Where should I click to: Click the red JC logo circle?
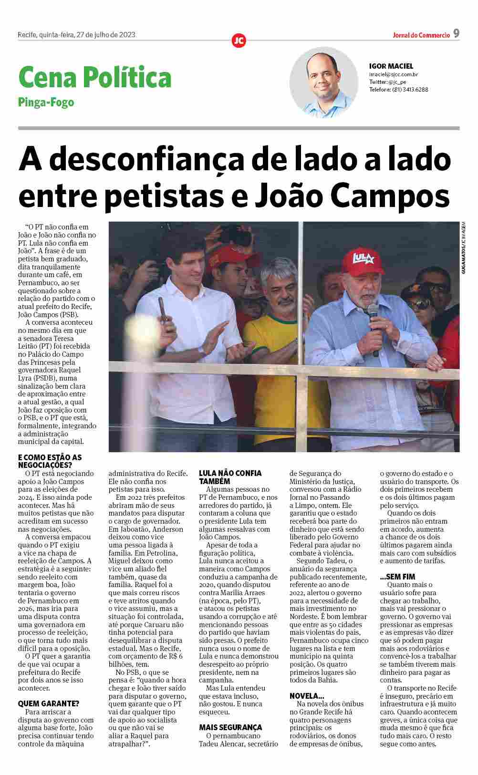(239, 41)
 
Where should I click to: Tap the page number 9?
(456, 33)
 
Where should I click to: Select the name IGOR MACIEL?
(391, 66)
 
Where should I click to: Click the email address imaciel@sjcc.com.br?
(394, 74)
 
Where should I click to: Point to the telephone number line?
(398, 89)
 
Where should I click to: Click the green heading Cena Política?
(95, 77)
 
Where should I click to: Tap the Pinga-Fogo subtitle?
(46, 102)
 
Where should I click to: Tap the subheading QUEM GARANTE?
(49, 703)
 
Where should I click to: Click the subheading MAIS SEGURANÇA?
(230, 727)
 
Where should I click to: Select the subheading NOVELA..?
(307, 696)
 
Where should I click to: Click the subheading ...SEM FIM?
(397, 577)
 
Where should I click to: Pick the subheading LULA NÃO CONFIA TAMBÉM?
(230, 477)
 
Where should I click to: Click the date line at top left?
(76, 34)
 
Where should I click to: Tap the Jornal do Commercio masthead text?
(421, 35)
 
